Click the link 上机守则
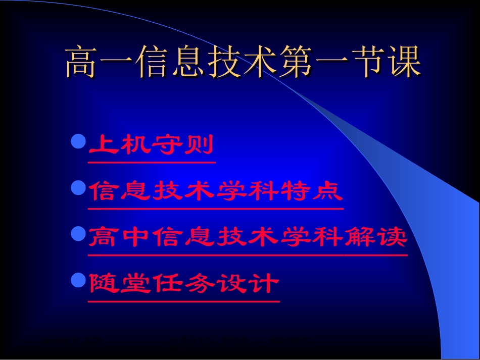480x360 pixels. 151,145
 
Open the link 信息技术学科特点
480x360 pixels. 216,192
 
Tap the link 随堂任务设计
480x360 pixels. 183,284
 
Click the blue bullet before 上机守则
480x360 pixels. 77,142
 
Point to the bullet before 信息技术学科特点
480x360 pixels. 77,188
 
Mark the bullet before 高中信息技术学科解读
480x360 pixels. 77,234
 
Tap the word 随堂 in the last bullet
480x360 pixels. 120,284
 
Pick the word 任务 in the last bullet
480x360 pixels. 183,284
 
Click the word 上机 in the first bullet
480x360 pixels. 120,145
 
